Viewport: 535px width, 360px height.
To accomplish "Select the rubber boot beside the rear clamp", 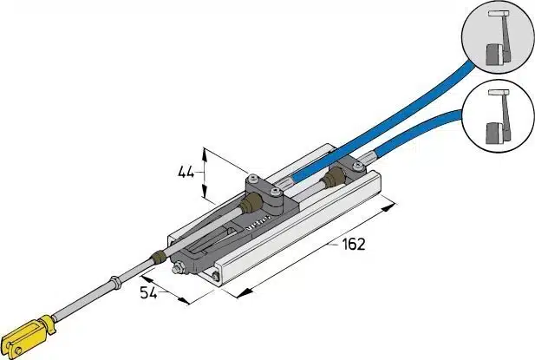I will coord(330,179).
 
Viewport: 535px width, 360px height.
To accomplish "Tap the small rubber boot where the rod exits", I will coord(158,258).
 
